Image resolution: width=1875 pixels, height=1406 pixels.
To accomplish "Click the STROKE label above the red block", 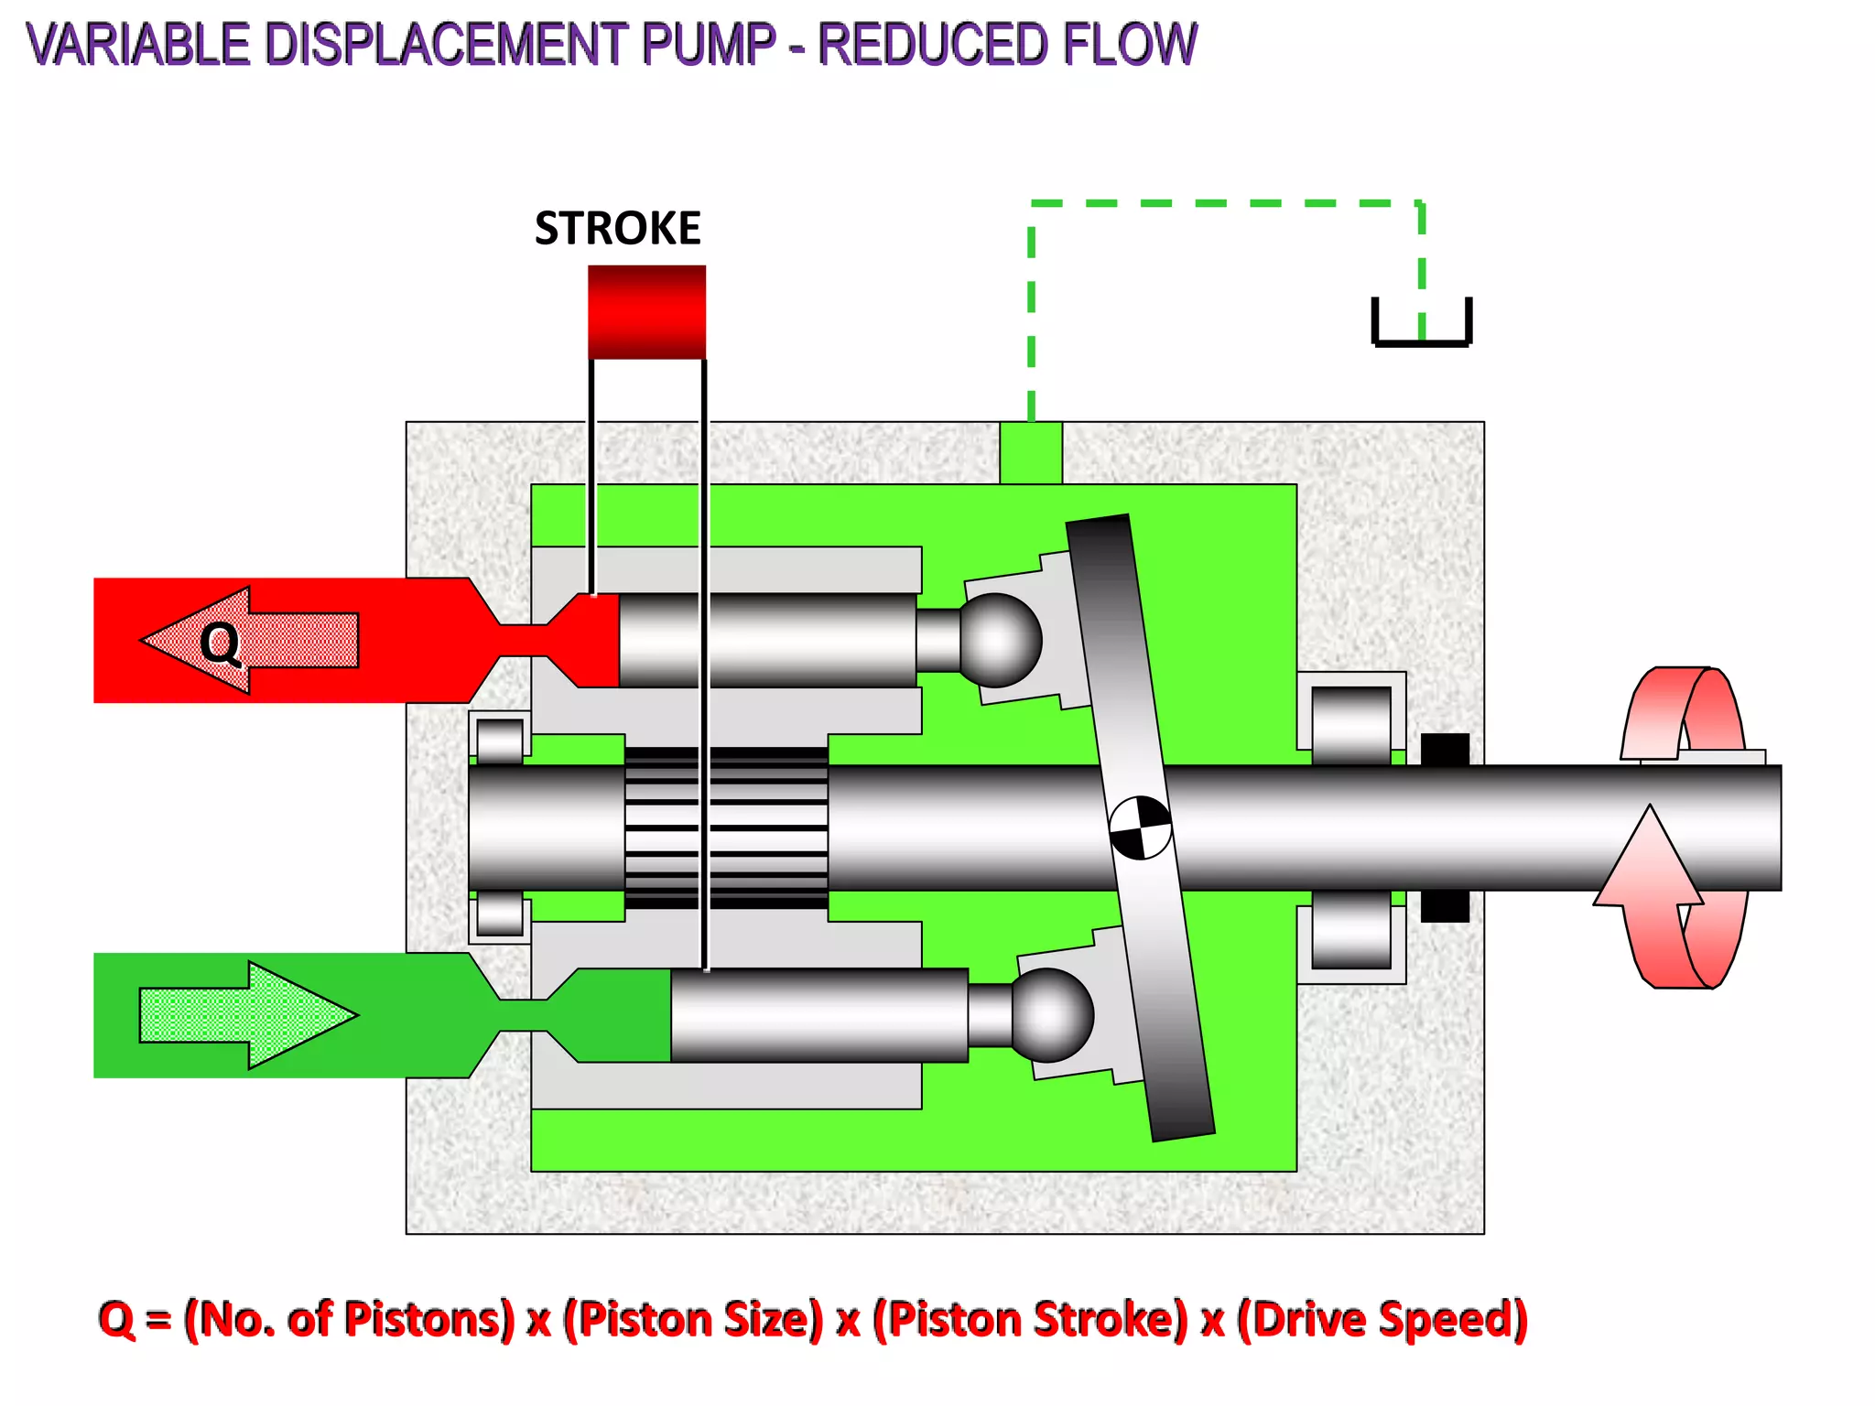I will click(617, 228).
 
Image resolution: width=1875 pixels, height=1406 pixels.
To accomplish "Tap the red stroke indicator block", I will click(646, 311).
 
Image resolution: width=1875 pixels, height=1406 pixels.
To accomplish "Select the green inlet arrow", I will click(248, 1014).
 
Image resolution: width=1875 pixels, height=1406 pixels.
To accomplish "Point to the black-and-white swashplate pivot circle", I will click(1140, 827).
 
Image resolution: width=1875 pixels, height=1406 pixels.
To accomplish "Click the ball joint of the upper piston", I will click(1000, 640).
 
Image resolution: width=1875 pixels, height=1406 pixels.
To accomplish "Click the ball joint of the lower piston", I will click(1052, 1015).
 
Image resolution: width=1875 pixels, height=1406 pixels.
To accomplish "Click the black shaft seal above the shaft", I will click(1445, 749).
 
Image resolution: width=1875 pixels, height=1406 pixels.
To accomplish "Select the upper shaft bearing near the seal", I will click(1350, 723).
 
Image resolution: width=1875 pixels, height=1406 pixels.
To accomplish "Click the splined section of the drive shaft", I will click(726, 827).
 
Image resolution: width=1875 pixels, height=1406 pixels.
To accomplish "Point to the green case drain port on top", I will click(1031, 452).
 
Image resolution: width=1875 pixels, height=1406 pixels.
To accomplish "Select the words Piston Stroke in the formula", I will click(1030, 1319).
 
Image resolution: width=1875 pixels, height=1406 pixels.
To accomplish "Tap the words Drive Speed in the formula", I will click(1382, 1319).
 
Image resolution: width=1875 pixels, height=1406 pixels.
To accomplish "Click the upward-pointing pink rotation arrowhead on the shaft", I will click(1650, 856).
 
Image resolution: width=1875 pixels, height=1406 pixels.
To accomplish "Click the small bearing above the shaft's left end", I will click(500, 739).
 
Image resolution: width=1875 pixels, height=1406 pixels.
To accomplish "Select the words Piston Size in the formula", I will click(693, 1319).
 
